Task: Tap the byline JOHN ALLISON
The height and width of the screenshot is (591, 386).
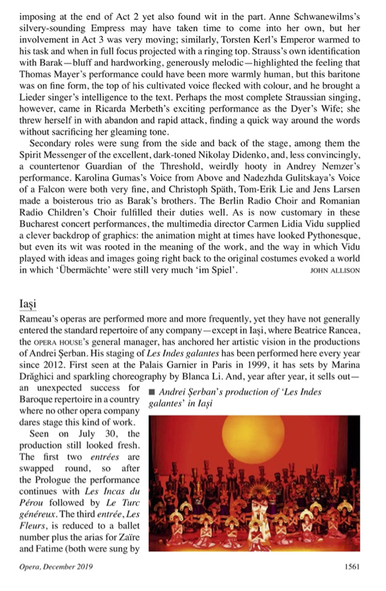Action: click(335, 270)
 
